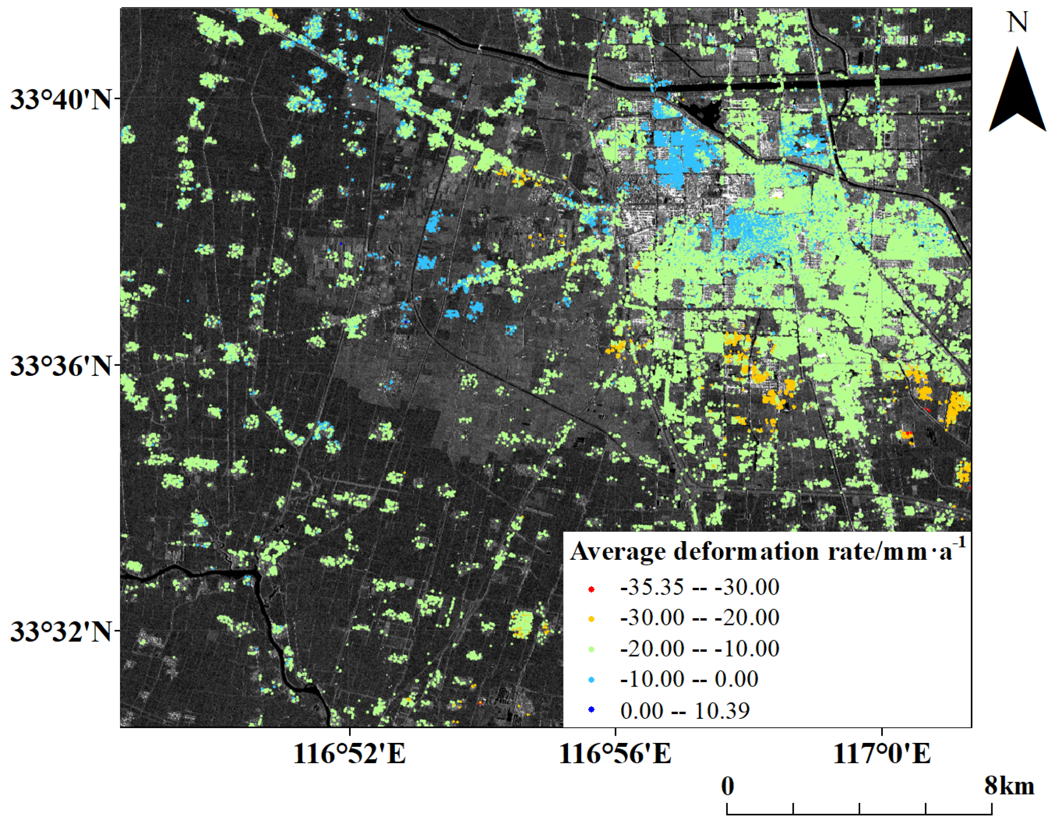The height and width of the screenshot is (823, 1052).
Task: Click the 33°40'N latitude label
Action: tap(60, 100)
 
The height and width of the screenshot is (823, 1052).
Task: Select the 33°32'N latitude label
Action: tap(60, 631)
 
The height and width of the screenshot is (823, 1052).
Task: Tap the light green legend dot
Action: tap(592, 649)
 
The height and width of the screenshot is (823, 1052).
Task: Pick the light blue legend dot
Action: tap(592, 679)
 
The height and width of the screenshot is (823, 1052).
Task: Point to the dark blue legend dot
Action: tap(592, 710)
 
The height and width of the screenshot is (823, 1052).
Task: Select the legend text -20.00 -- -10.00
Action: tap(699, 649)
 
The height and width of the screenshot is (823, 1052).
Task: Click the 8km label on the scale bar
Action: tap(1010, 786)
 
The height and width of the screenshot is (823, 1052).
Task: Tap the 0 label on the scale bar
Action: tap(728, 786)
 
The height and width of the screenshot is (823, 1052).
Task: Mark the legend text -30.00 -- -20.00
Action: tap(699, 618)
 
